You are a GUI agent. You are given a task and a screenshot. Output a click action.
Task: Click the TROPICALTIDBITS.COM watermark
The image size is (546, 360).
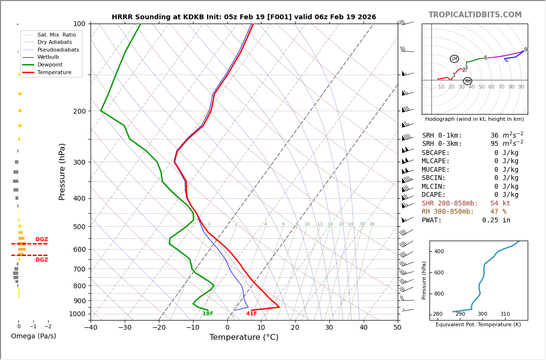(475, 15)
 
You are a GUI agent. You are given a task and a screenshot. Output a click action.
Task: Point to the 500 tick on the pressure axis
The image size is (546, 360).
(79, 227)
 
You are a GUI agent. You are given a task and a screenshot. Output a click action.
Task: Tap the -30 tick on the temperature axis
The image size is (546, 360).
(125, 328)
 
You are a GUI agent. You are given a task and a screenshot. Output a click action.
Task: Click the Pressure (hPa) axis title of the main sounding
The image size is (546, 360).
(62, 171)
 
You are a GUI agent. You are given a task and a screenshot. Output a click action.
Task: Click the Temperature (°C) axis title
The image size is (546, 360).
(244, 337)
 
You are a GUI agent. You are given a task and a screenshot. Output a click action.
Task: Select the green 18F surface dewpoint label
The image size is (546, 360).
(208, 314)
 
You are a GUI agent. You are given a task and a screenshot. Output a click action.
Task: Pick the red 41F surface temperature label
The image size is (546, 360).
(251, 314)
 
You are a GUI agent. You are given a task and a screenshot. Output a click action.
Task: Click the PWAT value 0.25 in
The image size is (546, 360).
(496, 220)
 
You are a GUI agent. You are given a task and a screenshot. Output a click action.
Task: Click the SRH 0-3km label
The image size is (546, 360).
(442, 144)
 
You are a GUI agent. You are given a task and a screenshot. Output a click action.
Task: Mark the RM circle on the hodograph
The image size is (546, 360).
(468, 81)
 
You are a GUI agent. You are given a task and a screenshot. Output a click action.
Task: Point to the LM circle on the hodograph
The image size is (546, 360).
(454, 59)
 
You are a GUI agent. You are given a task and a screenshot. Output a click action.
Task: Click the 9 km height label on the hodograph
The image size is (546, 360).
(525, 50)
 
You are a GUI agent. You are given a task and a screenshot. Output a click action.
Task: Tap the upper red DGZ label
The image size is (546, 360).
(41, 240)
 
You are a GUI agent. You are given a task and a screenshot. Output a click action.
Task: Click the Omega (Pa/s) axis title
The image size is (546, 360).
(33, 336)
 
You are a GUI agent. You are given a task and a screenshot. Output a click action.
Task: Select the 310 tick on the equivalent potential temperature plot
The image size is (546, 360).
(505, 314)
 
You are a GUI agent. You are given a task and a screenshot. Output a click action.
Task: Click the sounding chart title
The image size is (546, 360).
(244, 17)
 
